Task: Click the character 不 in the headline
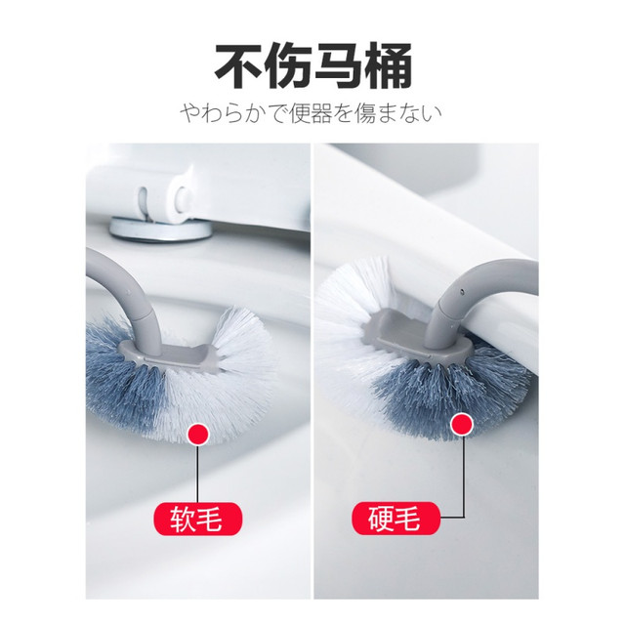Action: [239, 66]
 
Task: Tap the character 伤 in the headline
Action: [289, 66]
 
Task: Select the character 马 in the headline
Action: [338, 66]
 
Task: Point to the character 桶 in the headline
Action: [388, 66]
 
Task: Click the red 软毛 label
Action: [198, 519]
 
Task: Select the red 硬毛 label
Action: [396, 519]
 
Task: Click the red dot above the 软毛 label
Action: [198, 435]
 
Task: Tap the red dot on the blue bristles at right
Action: [462, 425]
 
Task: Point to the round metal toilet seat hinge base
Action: [159, 229]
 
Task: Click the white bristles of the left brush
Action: [224, 383]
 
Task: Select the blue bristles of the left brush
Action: [119, 379]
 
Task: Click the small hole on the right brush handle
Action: [462, 291]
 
